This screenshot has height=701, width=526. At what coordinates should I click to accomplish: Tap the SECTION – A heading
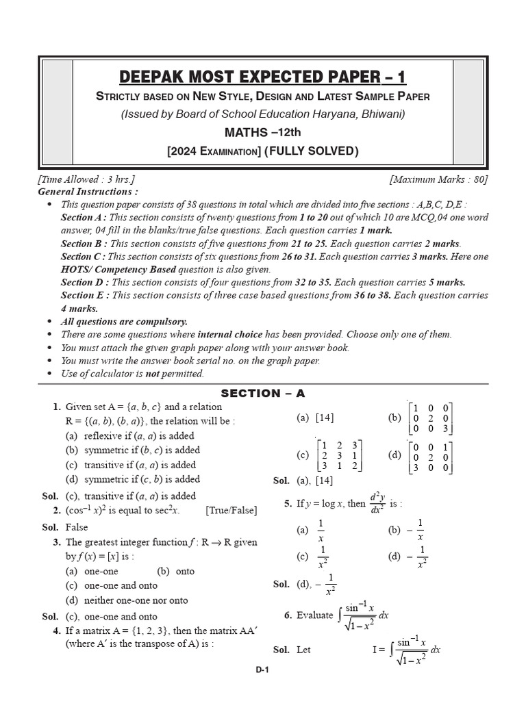point(262,393)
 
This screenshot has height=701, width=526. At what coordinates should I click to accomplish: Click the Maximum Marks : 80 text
point(438,179)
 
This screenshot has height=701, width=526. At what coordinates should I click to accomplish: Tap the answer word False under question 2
point(77,528)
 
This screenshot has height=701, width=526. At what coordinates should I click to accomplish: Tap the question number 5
point(288,504)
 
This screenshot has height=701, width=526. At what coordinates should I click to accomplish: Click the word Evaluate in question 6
point(315,615)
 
